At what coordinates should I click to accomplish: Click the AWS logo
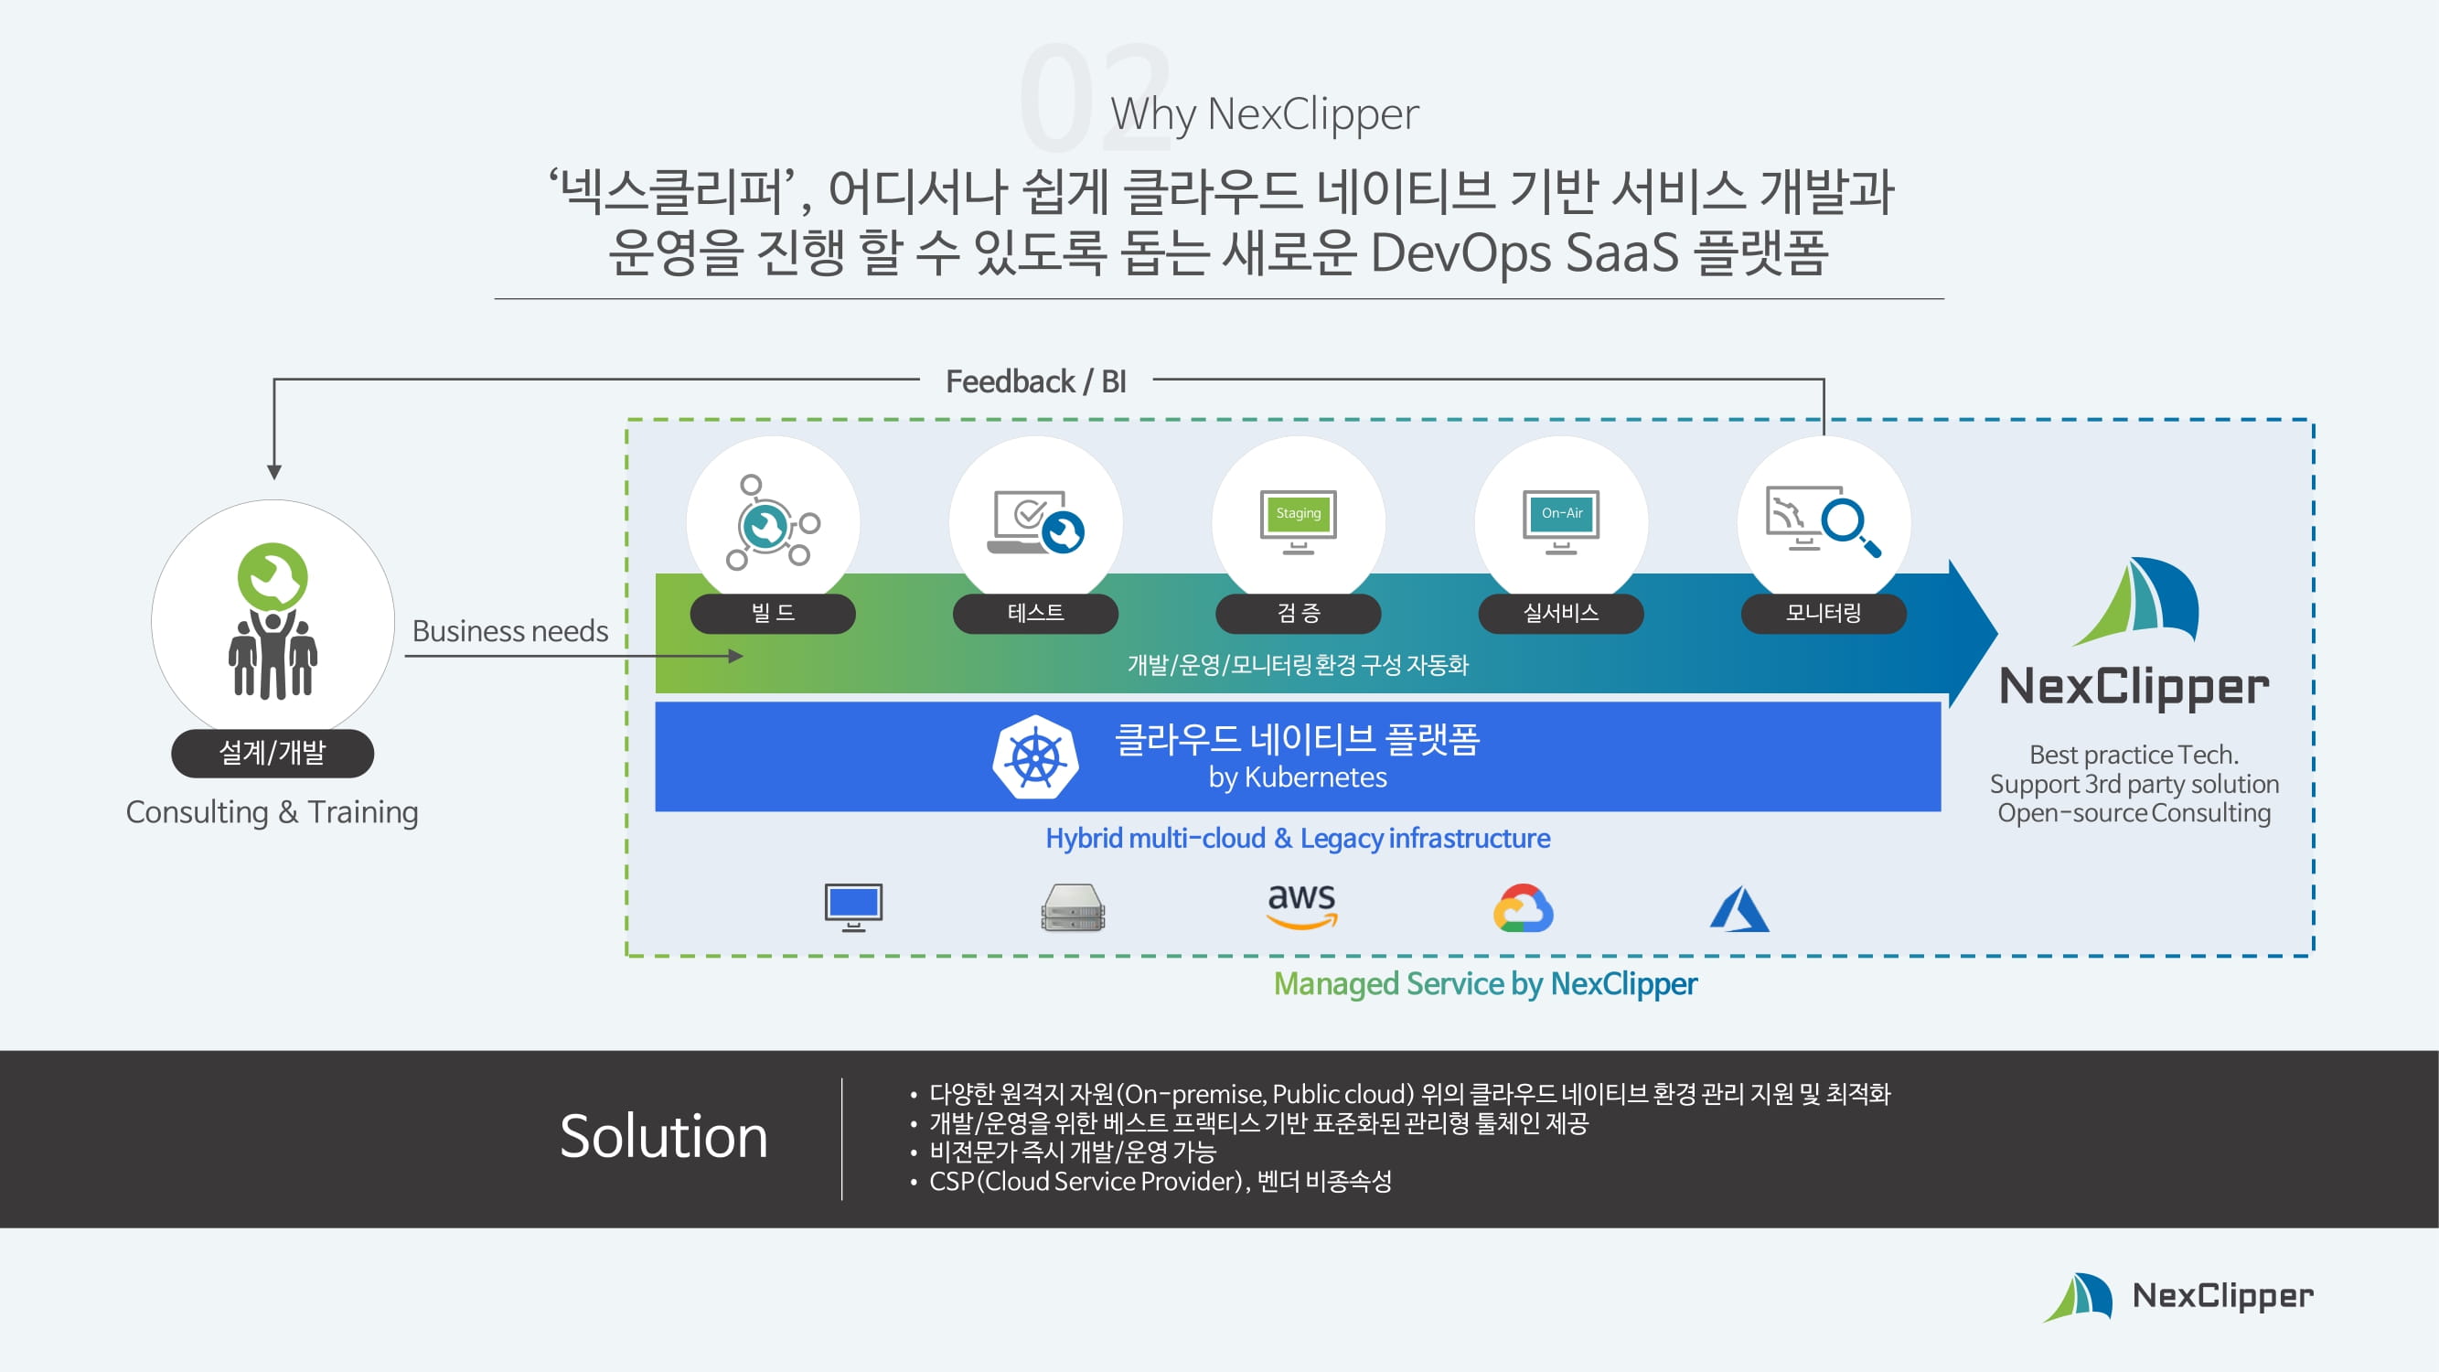click(x=1302, y=906)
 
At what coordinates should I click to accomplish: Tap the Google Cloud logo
click(x=1523, y=908)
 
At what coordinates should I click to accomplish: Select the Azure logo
click(x=1739, y=909)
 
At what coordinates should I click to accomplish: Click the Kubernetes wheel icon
click(x=1035, y=757)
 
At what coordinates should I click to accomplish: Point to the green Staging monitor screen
click(x=1298, y=513)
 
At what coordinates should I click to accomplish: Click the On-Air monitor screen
click(x=1561, y=513)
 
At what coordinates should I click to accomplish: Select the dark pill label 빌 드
click(x=773, y=614)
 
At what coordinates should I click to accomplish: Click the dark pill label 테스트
click(x=1035, y=614)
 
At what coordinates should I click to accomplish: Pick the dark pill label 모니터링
click(x=1824, y=614)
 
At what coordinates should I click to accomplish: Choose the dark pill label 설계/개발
click(x=273, y=753)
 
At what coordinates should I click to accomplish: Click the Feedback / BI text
click(x=1036, y=381)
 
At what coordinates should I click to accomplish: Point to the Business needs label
click(x=510, y=630)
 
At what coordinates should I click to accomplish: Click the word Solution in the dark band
click(x=664, y=1136)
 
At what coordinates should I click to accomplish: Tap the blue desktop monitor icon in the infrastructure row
click(x=853, y=906)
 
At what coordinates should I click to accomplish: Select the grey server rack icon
click(x=1073, y=908)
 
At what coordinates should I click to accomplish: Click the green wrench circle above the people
click(x=273, y=575)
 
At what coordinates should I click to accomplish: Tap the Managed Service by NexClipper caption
click(x=1484, y=984)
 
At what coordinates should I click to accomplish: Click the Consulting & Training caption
click(x=273, y=812)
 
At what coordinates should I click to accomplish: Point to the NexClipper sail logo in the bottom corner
click(x=2080, y=1296)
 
